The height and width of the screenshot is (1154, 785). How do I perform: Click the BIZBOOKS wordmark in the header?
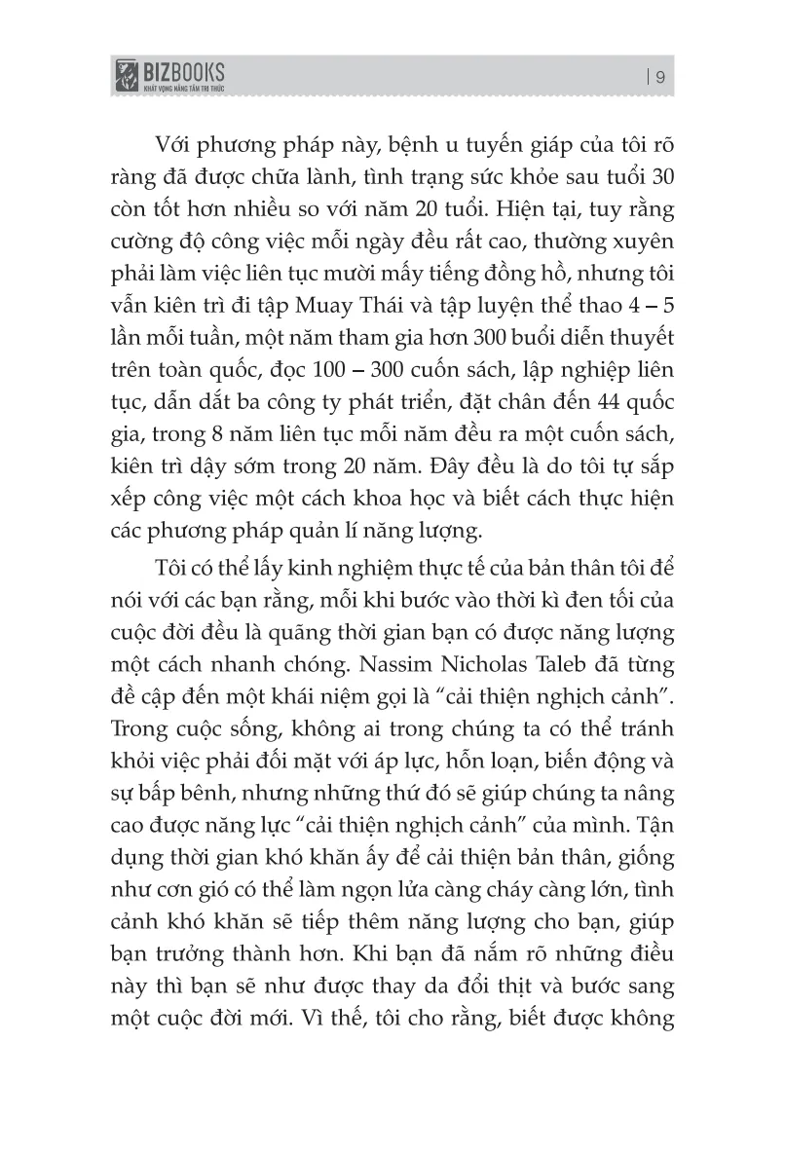coord(184,70)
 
